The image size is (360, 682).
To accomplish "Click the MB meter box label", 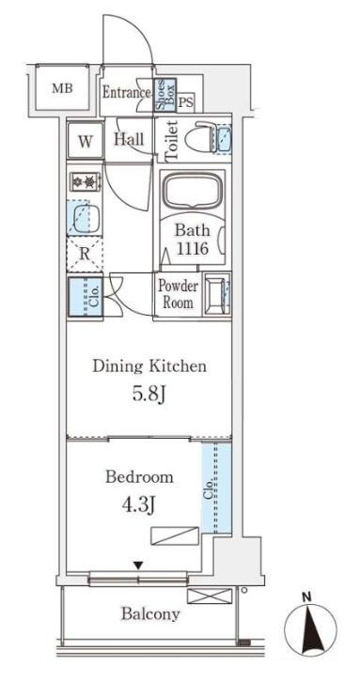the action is tap(63, 88).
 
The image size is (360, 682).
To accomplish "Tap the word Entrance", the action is tap(127, 92).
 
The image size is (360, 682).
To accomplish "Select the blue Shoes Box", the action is tap(165, 94).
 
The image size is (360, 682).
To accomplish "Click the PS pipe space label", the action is tap(186, 103).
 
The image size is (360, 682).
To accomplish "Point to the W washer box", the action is tap(86, 141).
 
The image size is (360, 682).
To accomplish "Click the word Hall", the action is tap(129, 139).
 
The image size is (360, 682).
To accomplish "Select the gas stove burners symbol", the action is tap(86, 181).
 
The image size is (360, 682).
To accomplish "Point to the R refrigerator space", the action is tap(85, 254).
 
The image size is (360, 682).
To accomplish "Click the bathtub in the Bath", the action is tap(193, 190).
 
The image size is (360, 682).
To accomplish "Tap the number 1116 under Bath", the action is tap(193, 249).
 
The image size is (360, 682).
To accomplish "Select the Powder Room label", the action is tap(178, 294).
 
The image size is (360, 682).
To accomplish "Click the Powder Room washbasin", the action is tap(217, 294).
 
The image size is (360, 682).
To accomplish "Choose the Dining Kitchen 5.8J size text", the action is tap(149, 395).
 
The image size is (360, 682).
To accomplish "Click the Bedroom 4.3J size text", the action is tap(139, 505).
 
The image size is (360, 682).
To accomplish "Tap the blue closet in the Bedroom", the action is tap(216, 488).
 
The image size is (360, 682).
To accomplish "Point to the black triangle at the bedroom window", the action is tap(138, 566).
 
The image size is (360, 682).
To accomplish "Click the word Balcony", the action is tap(150, 615).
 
